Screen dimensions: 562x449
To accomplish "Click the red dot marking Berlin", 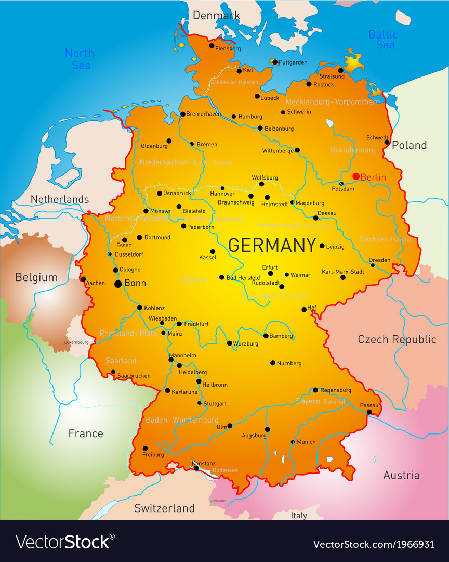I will [356, 176].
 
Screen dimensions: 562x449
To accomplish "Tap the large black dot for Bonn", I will [118, 284].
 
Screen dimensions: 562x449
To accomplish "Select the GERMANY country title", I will [272, 245].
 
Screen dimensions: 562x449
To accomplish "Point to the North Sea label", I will [80, 59].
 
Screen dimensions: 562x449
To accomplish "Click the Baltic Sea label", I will [383, 40].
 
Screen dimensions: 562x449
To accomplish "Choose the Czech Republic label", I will [397, 339].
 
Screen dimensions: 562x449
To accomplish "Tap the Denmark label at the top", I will [216, 15].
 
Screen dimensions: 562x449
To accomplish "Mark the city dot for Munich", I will [293, 442].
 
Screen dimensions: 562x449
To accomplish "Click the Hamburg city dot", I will [234, 117].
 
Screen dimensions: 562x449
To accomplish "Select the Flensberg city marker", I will [212, 45].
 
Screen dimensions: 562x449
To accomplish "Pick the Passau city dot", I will [369, 412].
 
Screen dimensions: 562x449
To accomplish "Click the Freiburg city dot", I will [145, 448].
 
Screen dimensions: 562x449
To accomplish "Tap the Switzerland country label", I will [164, 508].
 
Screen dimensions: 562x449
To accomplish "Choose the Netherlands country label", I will [60, 199].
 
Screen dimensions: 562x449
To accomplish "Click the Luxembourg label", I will [76, 342].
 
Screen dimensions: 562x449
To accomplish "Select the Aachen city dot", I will [83, 279].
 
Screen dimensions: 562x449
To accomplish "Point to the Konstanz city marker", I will [196, 468].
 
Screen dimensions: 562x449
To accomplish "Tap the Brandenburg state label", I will [353, 150].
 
